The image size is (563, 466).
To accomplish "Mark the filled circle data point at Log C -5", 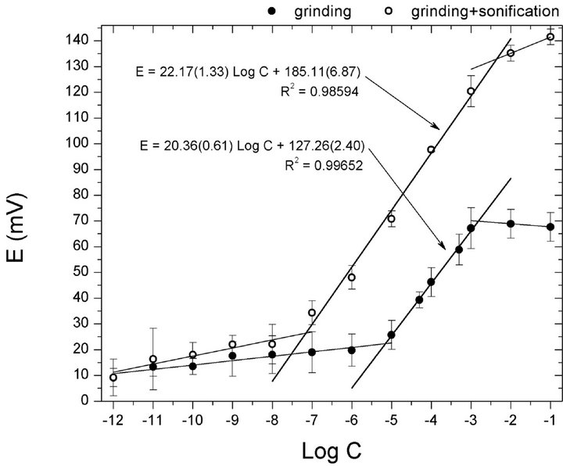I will (391, 335).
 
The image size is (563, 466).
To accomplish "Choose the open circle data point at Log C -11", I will (153, 359).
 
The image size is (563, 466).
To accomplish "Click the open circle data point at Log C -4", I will (431, 149).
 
